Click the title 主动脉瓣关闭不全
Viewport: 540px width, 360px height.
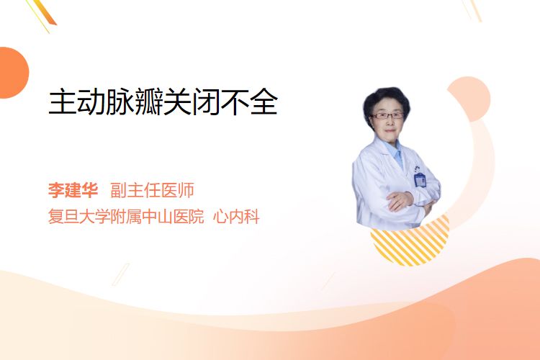(x=163, y=102)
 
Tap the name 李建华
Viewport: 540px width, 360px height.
(x=73, y=190)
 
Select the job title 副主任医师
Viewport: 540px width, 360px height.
(x=152, y=190)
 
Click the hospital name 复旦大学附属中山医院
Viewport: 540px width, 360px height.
(x=126, y=217)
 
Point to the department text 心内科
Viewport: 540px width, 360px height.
(x=236, y=217)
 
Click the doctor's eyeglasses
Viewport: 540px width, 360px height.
(x=387, y=116)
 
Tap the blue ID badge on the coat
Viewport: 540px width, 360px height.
(x=420, y=179)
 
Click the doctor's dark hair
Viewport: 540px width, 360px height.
(x=386, y=100)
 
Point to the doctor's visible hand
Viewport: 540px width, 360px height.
(x=399, y=201)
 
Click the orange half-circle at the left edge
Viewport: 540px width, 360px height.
(x=13, y=73)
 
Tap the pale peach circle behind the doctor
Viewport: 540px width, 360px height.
(x=469, y=99)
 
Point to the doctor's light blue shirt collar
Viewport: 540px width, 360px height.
(x=396, y=153)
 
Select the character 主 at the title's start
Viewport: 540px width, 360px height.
(x=62, y=102)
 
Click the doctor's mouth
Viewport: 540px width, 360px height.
(x=390, y=130)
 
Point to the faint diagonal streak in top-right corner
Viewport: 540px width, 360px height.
(x=472, y=10)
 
